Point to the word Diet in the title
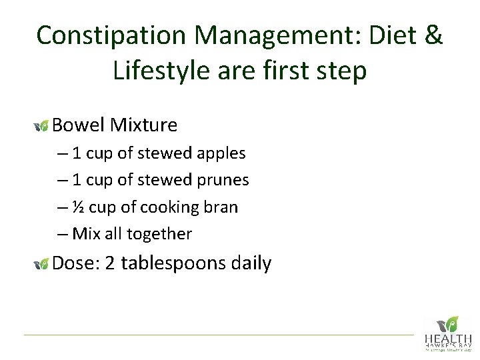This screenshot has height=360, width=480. (383, 35)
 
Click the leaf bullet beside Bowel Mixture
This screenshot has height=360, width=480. (41, 125)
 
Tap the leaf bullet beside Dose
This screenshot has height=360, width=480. (41, 264)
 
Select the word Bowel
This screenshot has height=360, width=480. (79, 125)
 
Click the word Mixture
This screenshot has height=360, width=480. (144, 125)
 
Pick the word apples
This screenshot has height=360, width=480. (219, 154)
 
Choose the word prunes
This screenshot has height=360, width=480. (222, 181)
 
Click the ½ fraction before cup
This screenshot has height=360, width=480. (78, 207)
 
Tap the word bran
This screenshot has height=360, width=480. (221, 207)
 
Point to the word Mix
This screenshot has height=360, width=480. (85, 234)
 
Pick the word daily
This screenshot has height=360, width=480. (251, 263)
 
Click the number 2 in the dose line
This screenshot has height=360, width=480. (111, 263)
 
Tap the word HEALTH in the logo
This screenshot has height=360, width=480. (447, 339)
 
